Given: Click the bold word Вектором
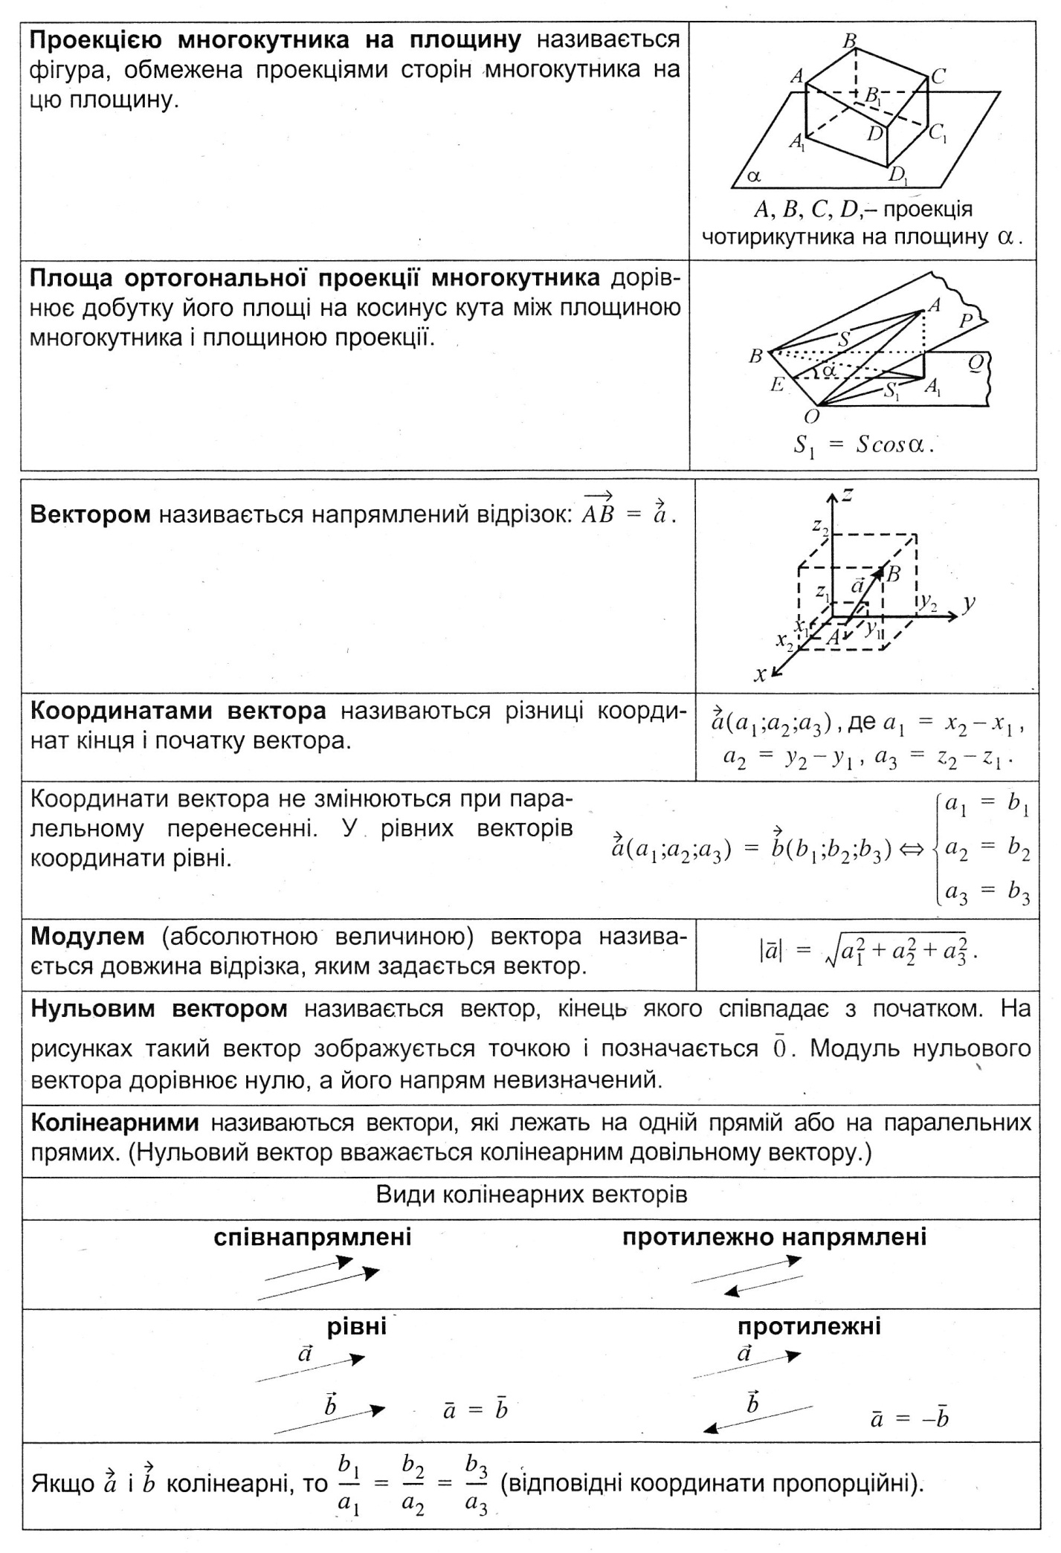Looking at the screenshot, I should pyautogui.click(x=90, y=514).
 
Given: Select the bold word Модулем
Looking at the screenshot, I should pyautogui.click(x=88, y=936).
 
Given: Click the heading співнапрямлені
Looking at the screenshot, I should pyautogui.click(x=312, y=1237).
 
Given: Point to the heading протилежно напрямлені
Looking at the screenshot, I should pyautogui.click(x=775, y=1237).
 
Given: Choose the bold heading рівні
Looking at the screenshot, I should pyautogui.click(x=357, y=1326).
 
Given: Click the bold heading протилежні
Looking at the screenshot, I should pyautogui.click(x=809, y=1326).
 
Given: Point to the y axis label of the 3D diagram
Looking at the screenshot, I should pyautogui.click(x=968, y=602).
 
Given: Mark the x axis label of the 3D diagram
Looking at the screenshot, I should pyautogui.click(x=760, y=674).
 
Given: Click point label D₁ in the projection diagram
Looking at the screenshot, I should pyautogui.click(x=898, y=175).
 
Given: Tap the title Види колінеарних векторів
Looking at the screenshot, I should pyautogui.click(x=531, y=1195).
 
